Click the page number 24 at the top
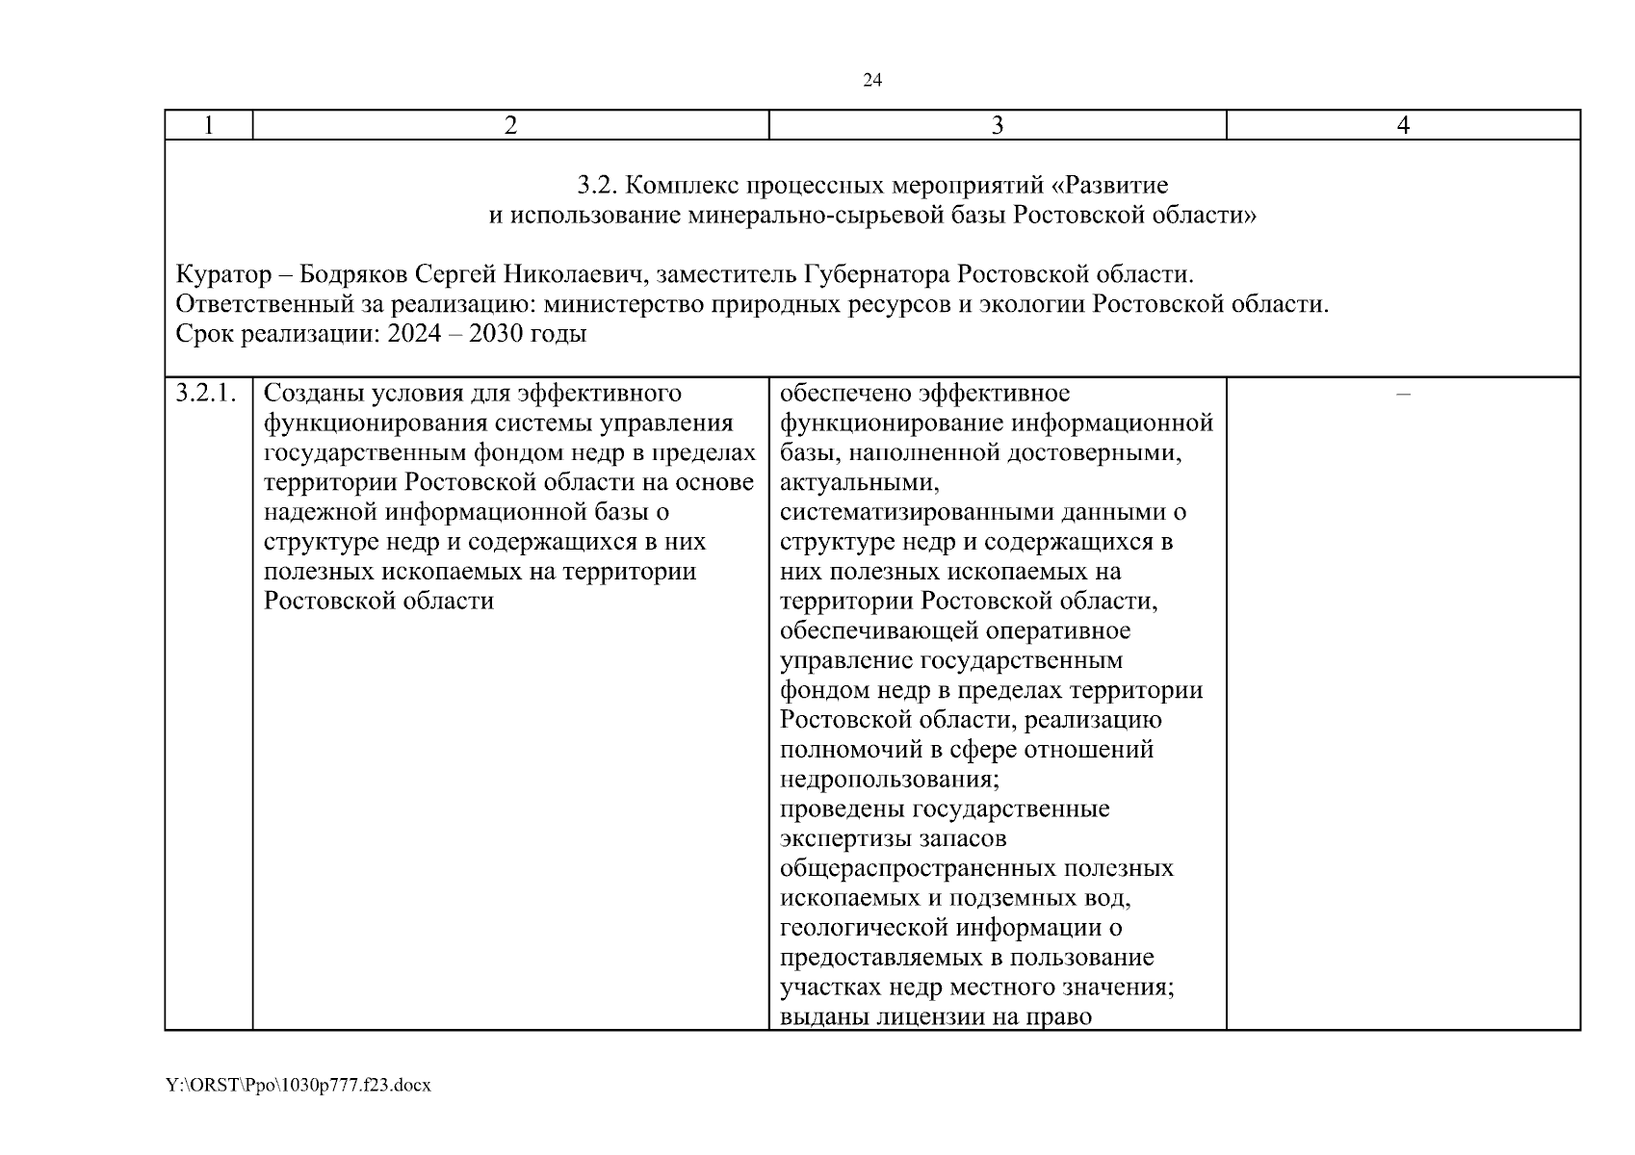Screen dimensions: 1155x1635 871,81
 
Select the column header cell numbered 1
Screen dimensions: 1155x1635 209,125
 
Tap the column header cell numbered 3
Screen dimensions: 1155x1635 998,125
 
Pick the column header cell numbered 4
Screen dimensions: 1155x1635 1403,125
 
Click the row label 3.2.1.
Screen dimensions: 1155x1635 206,394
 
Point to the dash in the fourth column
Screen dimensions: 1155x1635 1403,394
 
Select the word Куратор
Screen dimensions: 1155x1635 223,274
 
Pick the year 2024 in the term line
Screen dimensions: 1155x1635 414,335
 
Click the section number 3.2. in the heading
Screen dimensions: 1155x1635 596,185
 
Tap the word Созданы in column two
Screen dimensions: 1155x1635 314,394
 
